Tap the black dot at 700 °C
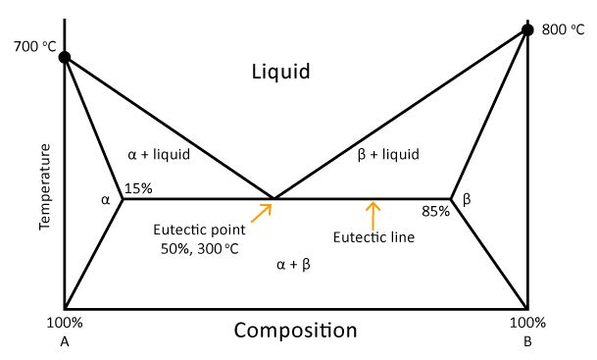(x=65, y=57)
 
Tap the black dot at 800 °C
(x=527, y=29)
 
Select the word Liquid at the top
(x=280, y=72)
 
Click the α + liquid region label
(x=159, y=154)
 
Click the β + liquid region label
(x=388, y=154)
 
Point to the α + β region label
(x=294, y=265)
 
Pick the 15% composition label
(x=139, y=188)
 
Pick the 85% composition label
(x=435, y=211)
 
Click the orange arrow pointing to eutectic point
(x=262, y=211)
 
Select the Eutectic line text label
(x=373, y=237)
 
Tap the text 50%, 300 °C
(x=200, y=249)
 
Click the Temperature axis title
(x=44, y=187)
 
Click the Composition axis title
(x=295, y=331)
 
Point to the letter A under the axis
(x=65, y=341)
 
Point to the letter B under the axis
(x=527, y=341)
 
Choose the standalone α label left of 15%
(x=106, y=200)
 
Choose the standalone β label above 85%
(x=467, y=199)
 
